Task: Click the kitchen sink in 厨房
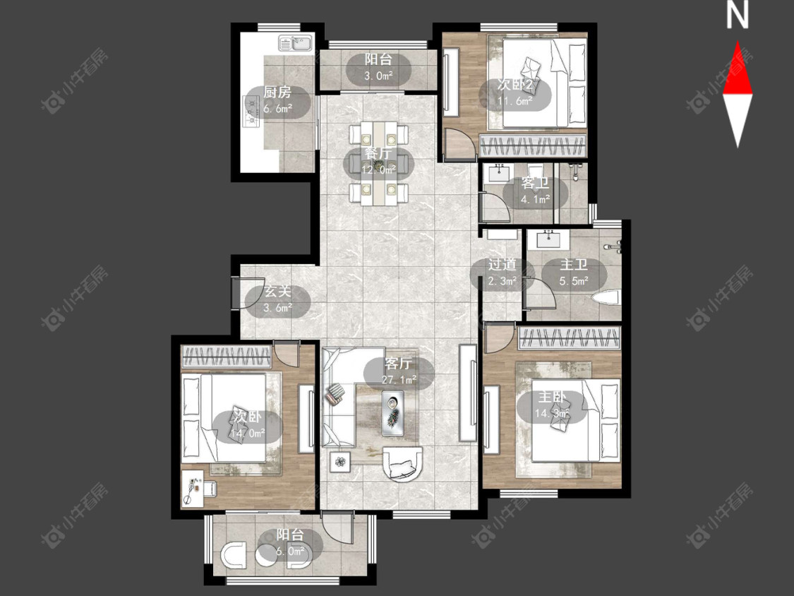coord(295,44)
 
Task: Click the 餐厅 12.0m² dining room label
coord(379,161)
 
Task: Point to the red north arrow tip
coord(738,42)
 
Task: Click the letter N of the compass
coord(738,16)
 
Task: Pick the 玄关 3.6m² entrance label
coord(278,299)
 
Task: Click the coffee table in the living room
coord(393,412)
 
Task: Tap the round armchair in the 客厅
coord(402,463)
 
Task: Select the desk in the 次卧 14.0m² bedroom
coord(193,487)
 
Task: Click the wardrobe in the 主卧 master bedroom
coord(570,338)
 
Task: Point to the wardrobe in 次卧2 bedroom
coord(533,146)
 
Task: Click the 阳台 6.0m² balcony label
coord(290,543)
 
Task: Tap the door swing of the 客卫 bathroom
coord(494,206)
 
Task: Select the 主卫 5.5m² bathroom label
coord(574,273)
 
